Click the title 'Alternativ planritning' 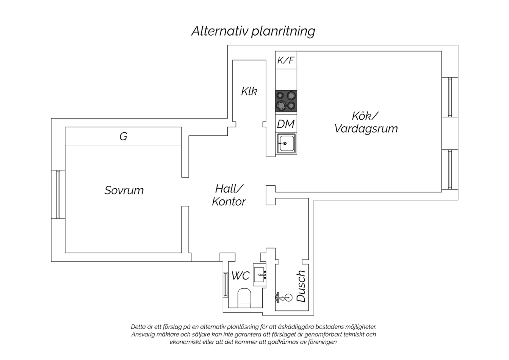point(253,31)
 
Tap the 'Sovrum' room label point(124,190)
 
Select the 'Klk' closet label point(249,91)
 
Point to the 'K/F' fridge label point(286,60)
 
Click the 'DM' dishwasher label point(286,124)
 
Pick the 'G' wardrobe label point(124,136)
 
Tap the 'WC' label point(240,276)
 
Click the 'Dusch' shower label point(301,286)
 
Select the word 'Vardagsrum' point(366,128)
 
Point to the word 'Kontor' point(229,201)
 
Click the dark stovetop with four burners point(286,101)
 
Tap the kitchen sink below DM point(286,144)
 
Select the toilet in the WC point(244,298)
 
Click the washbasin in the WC point(260,275)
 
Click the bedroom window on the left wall point(58,194)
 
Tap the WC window point(225,285)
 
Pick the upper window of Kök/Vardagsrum point(450,97)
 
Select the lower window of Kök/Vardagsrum point(450,169)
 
